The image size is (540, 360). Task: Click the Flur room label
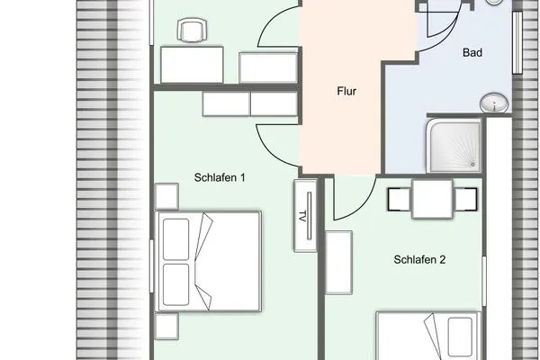346,91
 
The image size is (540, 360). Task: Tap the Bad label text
472,53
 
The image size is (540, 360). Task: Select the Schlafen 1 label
220,177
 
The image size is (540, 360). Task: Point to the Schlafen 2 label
420,260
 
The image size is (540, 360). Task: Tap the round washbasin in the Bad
493,103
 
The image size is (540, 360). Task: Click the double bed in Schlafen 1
208,260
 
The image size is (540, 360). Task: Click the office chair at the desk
192,32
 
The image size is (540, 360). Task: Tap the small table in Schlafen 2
433,199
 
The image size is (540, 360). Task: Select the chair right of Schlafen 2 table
465,199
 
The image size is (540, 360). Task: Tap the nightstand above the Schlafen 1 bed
166,196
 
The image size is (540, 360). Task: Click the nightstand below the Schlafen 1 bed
166,325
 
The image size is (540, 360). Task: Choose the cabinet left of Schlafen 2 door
338,261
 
